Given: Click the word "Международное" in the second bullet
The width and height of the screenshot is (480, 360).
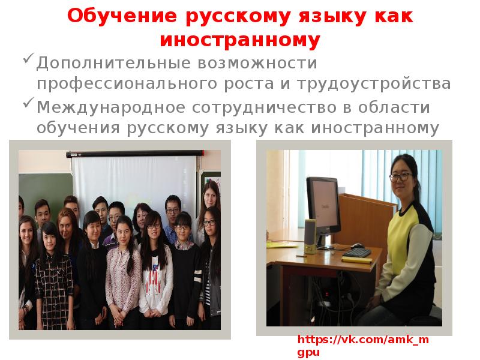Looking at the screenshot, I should (112, 107).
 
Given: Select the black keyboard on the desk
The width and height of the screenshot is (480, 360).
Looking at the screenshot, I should (356, 253).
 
